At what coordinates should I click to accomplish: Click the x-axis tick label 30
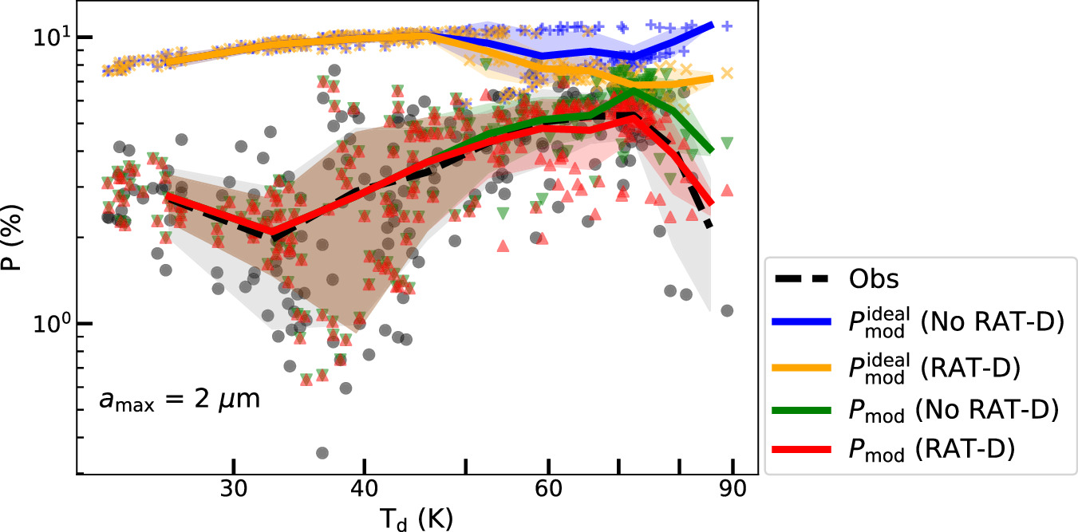[233, 487]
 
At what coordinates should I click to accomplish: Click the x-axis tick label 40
[364, 487]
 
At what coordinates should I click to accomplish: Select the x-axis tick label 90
[732, 487]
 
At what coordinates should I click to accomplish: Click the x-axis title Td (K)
[416, 517]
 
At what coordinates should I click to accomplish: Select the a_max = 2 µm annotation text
[180, 400]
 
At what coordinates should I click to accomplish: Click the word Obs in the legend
[872, 279]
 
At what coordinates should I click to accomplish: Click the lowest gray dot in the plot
[322, 452]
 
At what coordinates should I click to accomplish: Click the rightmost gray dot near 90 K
[726, 310]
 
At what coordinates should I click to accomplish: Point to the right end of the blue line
[712, 25]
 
